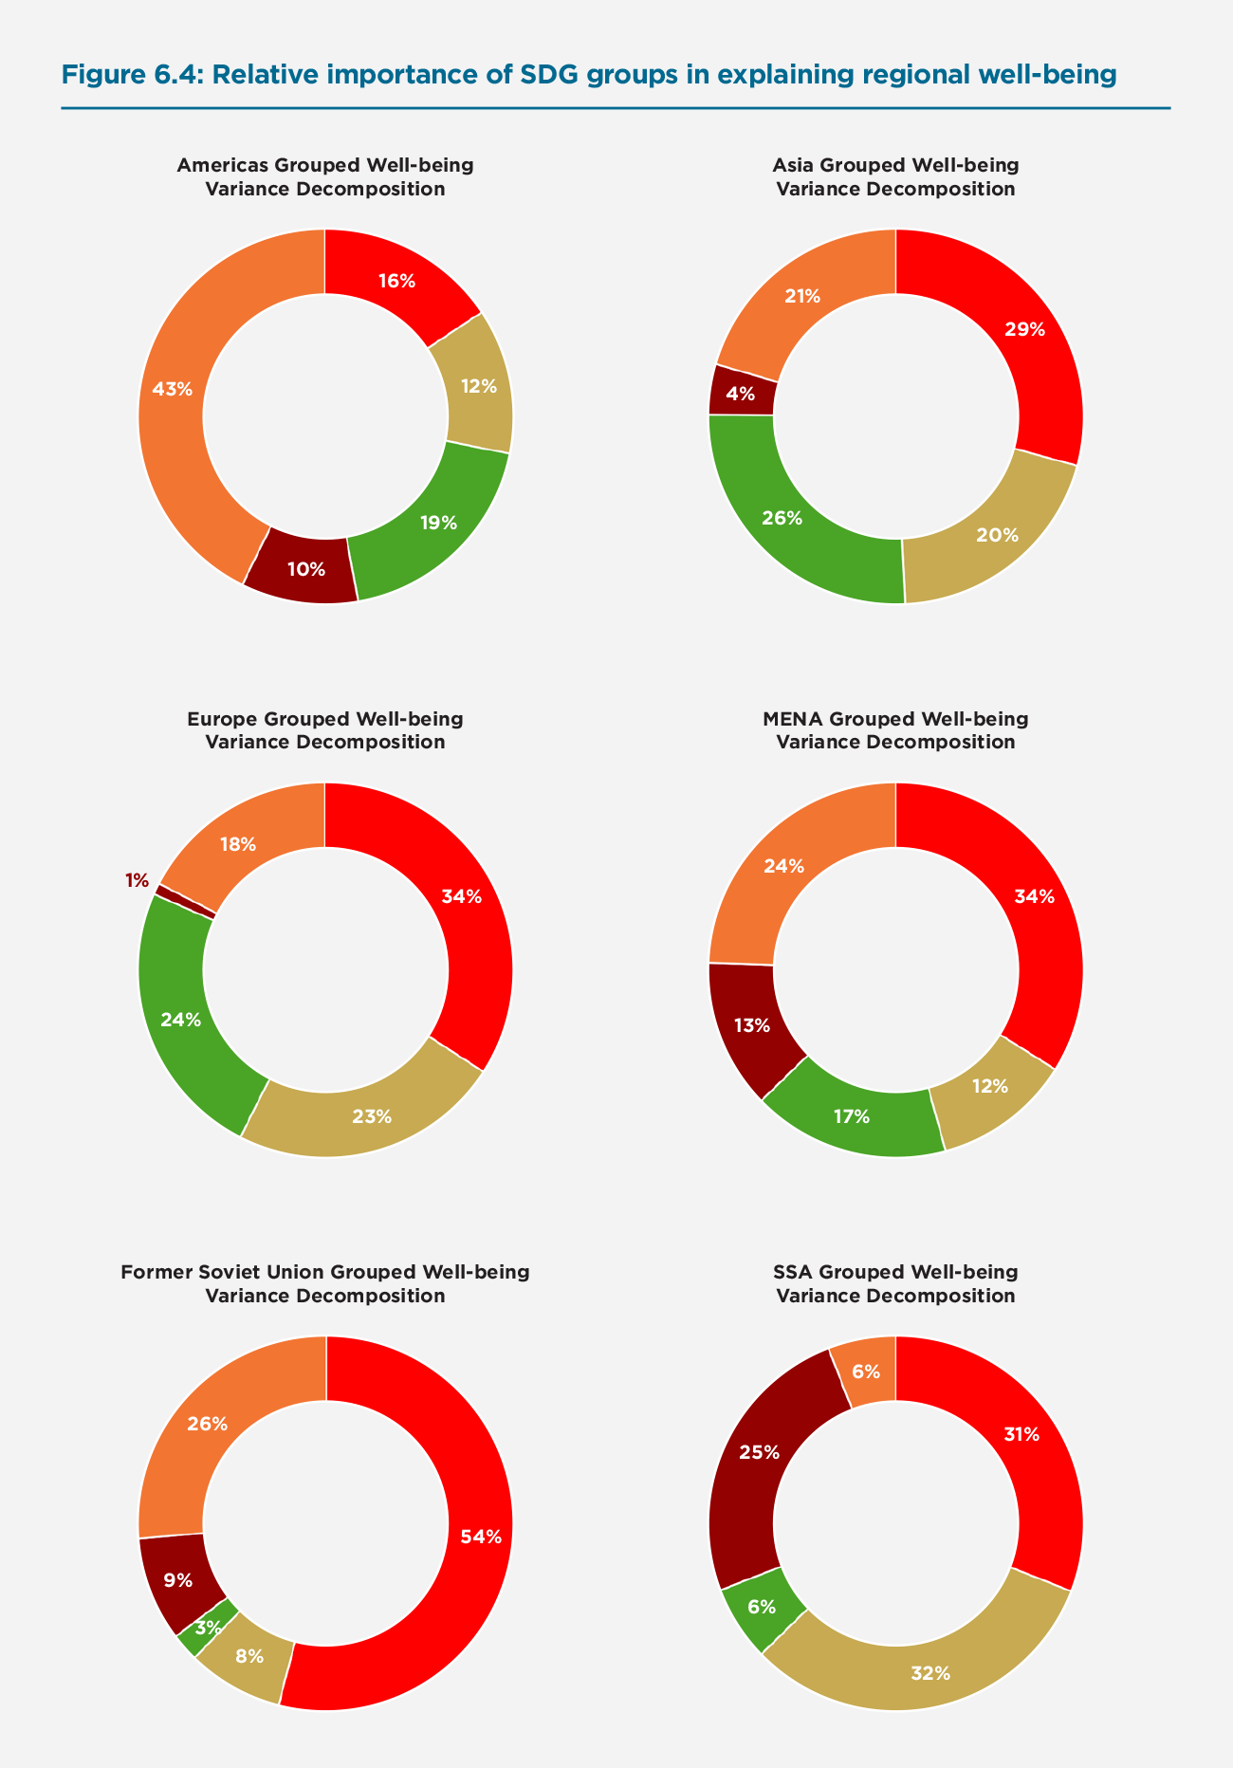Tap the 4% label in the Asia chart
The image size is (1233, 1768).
741,394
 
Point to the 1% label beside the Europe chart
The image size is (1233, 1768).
137,880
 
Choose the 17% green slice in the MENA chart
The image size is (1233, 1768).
852,1116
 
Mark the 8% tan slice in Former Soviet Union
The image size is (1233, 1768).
248,1656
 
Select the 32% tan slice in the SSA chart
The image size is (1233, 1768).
929,1673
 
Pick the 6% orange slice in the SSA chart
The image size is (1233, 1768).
866,1372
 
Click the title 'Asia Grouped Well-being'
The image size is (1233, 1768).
895,165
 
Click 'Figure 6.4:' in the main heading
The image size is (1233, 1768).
132,75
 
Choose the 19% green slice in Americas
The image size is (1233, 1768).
439,523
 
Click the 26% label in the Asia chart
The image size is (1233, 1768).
782,518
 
